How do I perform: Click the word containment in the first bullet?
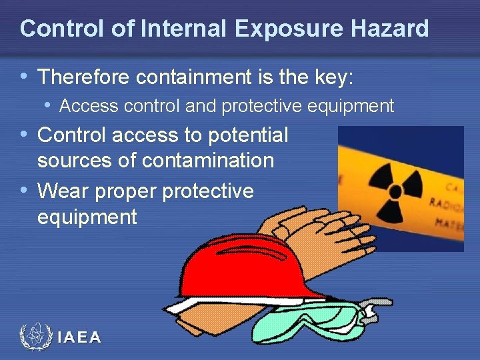(193, 78)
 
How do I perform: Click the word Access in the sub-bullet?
(87, 106)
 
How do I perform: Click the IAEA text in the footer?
(79, 338)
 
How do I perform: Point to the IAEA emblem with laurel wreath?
(35, 337)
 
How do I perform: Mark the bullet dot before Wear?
(25, 191)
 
